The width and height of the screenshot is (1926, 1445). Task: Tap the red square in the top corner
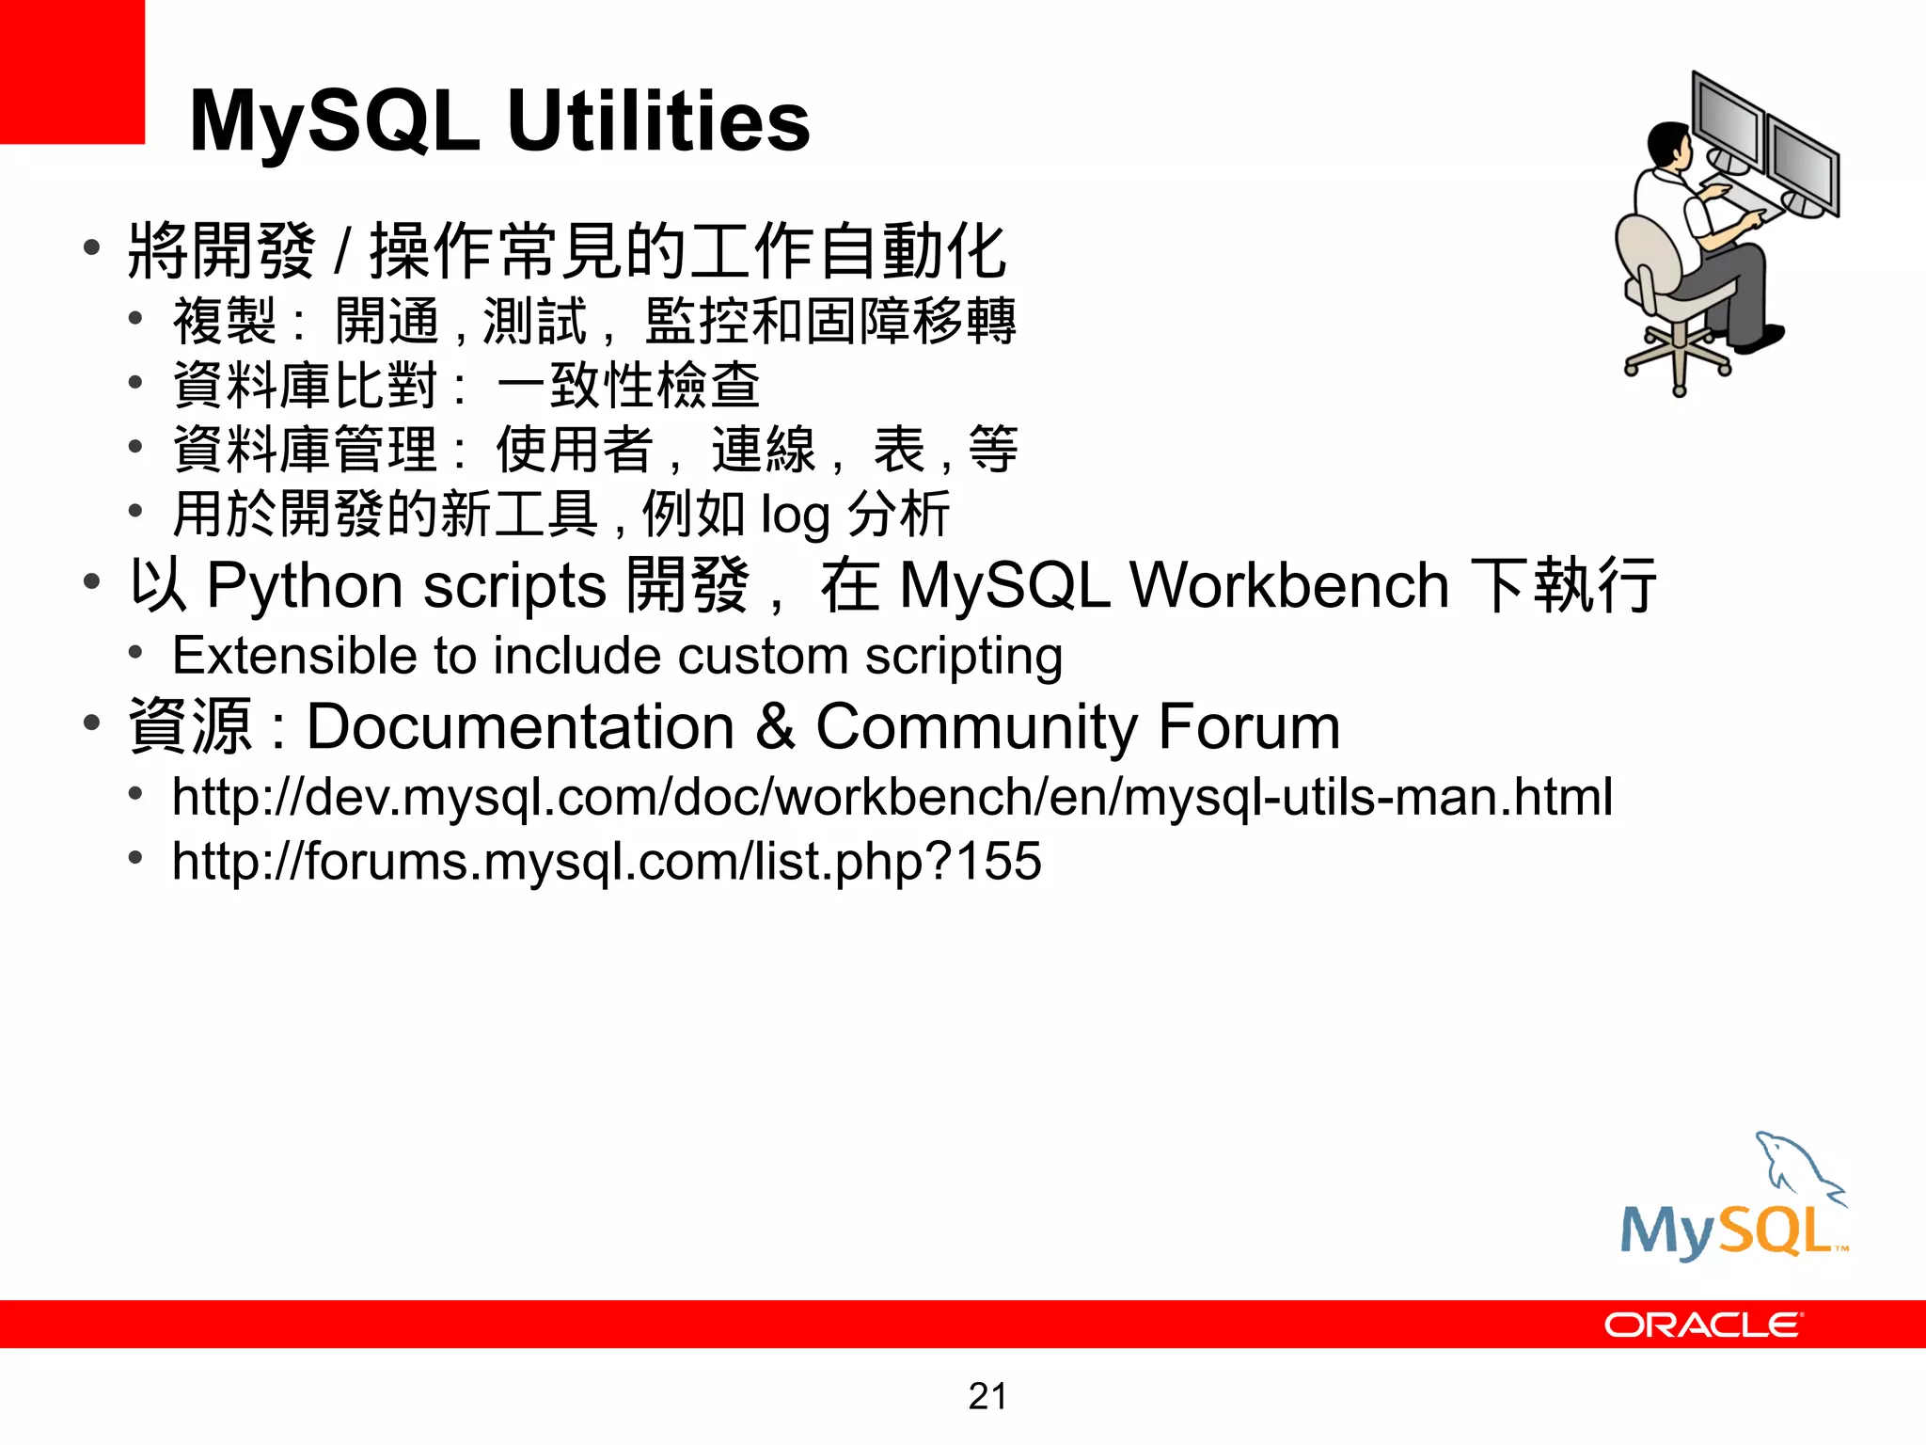click(71, 71)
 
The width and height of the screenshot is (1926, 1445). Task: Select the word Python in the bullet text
click(306, 586)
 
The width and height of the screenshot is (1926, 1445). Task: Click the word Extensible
click(294, 655)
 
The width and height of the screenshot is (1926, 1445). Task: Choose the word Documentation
click(521, 726)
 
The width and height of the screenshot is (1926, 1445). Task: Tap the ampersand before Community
click(775, 726)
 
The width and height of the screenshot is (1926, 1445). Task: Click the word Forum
click(1249, 726)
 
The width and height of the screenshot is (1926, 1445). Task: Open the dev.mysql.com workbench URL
click(892, 797)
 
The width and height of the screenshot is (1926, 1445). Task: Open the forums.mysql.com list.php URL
click(607, 861)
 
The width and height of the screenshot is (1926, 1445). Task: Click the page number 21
click(987, 1396)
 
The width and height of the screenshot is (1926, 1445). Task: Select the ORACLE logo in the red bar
click(1703, 1325)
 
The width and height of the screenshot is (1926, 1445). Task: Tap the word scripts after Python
click(514, 586)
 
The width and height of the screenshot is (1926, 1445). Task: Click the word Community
click(977, 726)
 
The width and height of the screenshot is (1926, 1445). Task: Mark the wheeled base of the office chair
click(1679, 357)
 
